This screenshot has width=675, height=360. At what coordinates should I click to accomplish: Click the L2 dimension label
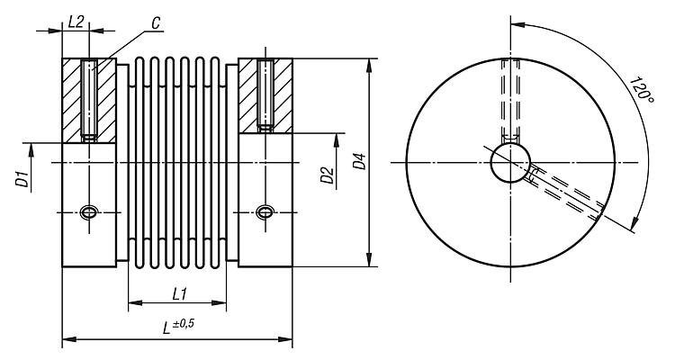tap(76, 21)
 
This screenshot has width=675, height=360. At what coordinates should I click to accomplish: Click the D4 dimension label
tap(359, 162)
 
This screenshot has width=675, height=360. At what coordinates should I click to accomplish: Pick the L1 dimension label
tap(177, 293)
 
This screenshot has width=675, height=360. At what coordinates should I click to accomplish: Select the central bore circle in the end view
tap(509, 163)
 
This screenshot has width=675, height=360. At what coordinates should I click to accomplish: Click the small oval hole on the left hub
tap(89, 212)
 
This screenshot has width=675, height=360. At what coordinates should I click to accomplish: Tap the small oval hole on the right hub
tap(265, 212)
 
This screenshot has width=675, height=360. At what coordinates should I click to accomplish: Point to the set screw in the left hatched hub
tap(88, 99)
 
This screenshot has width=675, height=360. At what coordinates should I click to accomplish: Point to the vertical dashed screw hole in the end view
tap(509, 99)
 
